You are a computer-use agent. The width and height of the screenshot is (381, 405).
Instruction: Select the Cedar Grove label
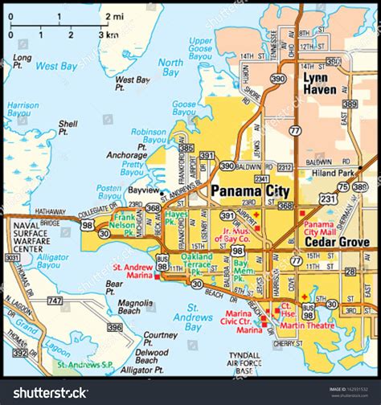(337, 241)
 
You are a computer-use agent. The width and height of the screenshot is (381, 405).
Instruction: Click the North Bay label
(170, 67)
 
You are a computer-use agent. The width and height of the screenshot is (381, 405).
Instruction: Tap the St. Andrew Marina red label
(133, 272)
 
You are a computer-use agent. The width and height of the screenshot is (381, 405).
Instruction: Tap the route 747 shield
(55, 301)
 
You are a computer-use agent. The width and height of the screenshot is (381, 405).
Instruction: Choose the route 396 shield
(115, 327)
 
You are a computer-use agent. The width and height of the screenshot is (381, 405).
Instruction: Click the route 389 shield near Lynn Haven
(350, 104)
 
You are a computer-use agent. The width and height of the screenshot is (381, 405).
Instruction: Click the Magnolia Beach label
(135, 308)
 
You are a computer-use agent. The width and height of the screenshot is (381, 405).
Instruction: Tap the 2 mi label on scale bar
(113, 16)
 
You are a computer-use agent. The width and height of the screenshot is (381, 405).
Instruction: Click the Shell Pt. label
(68, 129)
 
